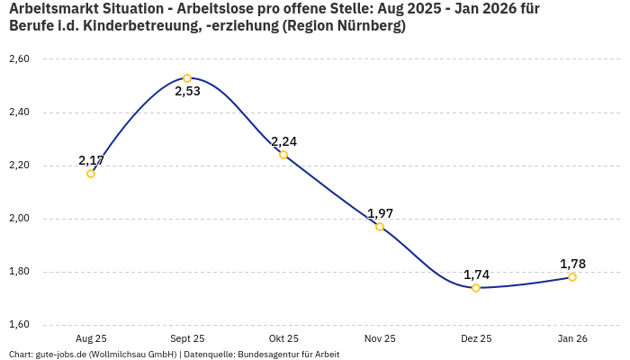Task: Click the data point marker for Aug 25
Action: pyautogui.click(x=91, y=174)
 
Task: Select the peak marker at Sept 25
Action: pyautogui.click(x=187, y=78)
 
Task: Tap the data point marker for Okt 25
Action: pyautogui.click(x=283, y=155)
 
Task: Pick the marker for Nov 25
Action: pyautogui.click(x=380, y=227)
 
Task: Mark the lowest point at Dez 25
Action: pyautogui.click(x=476, y=288)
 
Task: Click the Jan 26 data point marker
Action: pyautogui.click(x=572, y=277)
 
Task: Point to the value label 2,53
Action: pyautogui.click(x=187, y=92)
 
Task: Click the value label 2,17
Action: pyautogui.click(x=91, y=160)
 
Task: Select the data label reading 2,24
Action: pyautogui.click(x=283, y=141)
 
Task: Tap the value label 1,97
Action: pyautogui.click(x=380, y=213)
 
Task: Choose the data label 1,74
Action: pyautogui.click(x=476, y=274)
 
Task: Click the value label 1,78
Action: pyautogui.click(x=572, y=264)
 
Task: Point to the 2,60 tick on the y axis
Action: pyautogui.click(x=19, y=59)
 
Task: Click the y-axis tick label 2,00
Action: pyautogui.click(x=19, y=219)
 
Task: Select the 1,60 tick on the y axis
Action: pyautogui.click(x=19, y=325)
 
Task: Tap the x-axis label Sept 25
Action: pyautogui.click(x=187, y=338)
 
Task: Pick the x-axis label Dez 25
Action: pyautogui.click(x=476, y=338)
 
